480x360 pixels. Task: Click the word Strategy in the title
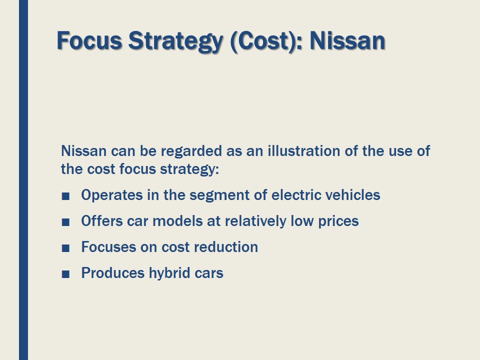click(x=174, y=40)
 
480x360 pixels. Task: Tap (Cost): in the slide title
click(x=265, y=40)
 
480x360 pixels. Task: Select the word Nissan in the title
click(x=347, y=40)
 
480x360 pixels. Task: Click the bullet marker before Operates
click(x=65, y=195)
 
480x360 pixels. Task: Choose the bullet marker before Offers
click(x=65, y=222)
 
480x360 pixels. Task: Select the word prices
click(x=338, y=221)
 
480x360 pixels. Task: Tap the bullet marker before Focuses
click(x=65, y=248)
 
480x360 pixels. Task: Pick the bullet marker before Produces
click(x=65, y=274)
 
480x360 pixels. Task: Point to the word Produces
click(x=112, y=273)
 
